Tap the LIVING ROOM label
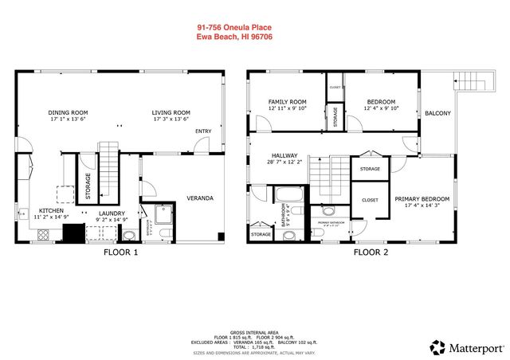click(171, 112)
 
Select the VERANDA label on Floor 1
click(200, 198)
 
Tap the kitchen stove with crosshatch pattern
click(43, 234)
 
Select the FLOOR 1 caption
click(120, 253)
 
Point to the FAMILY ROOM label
click(287, 102)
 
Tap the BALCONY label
click(437, 113)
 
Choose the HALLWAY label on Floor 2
click(284, 155)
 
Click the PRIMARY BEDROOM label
click(422, 198)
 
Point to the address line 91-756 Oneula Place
click(234, 27)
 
